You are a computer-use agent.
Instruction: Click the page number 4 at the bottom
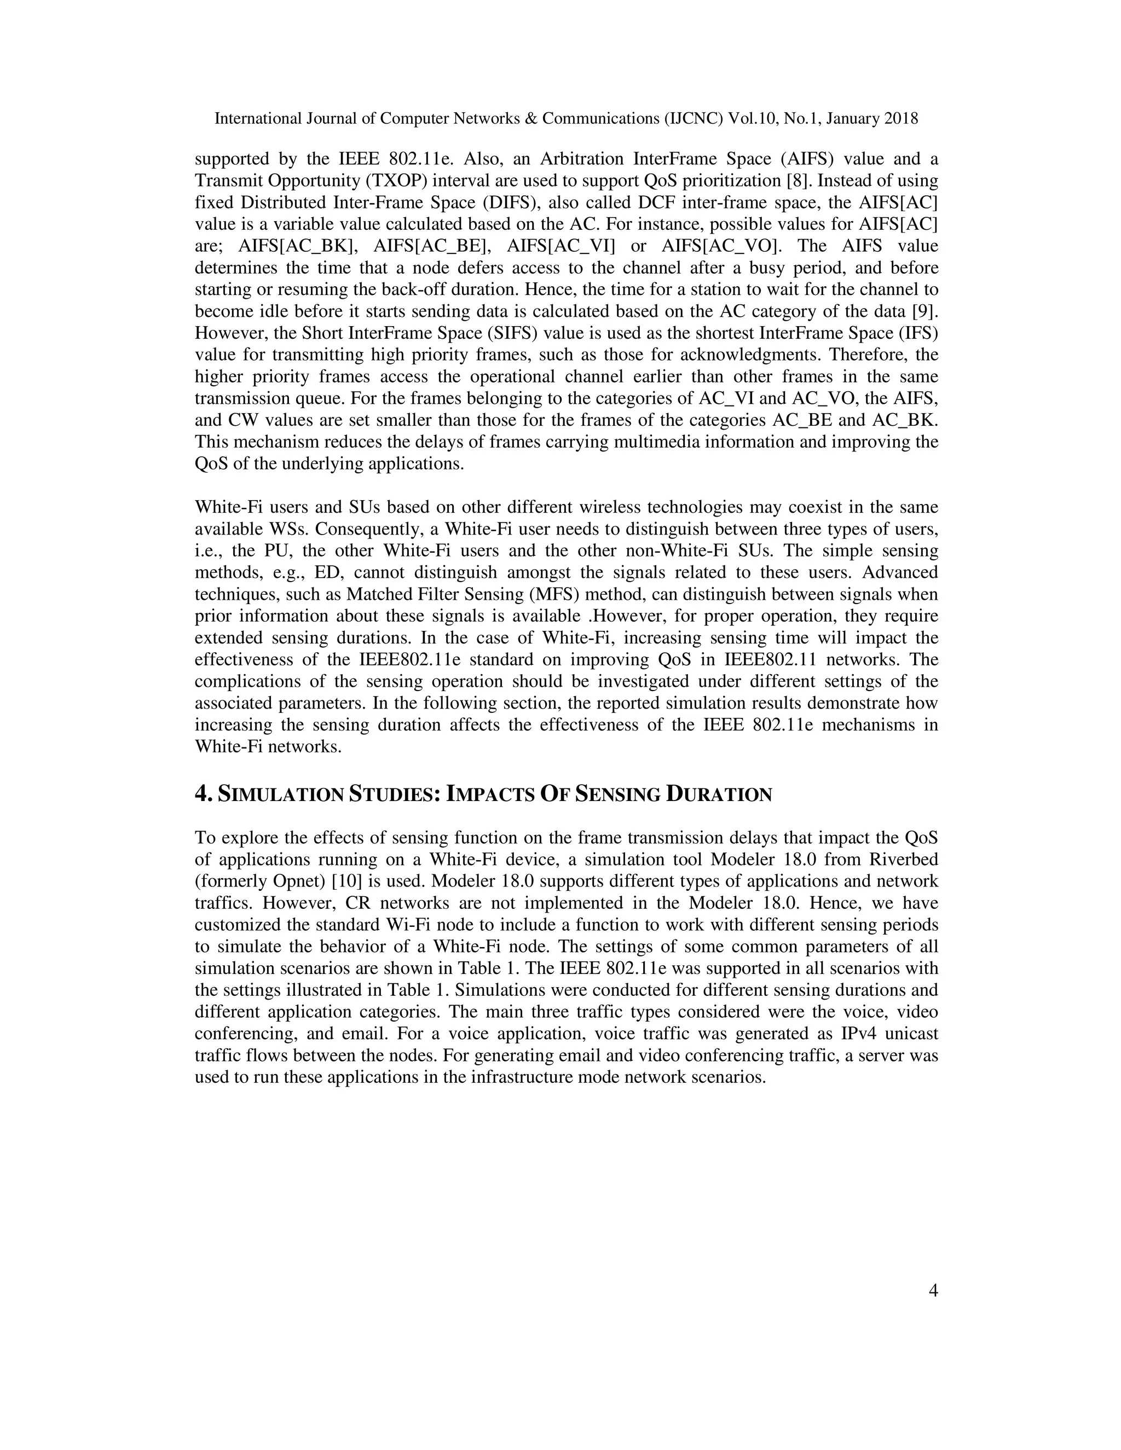click(932, 1291)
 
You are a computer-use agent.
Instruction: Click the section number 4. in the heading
click(203, 794)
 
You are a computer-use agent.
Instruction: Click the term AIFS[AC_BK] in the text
click(298, 246)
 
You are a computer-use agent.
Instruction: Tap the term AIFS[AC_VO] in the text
click(721, 246)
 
